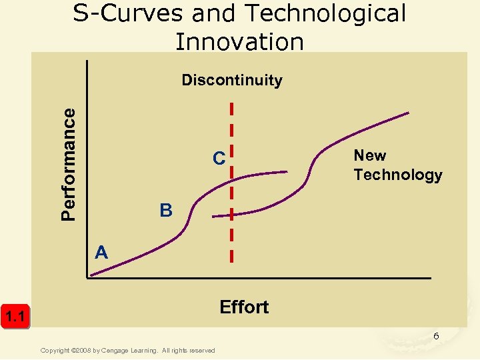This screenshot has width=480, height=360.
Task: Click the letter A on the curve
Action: coord(101,252)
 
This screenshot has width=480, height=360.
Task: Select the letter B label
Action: coord(166,211)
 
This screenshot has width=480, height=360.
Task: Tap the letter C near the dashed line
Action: coord(219,159)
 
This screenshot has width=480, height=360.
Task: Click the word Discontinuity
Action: coord(232,81)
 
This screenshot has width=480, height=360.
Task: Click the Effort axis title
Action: coord(244,307)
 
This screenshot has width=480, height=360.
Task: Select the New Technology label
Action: coord(397,165)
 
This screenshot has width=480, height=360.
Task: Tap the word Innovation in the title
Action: coord(239,41)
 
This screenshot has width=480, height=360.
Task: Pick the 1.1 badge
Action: coord(15,316)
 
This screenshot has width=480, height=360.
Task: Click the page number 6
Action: coord(436,336)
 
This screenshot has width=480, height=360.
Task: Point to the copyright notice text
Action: coord(127,351)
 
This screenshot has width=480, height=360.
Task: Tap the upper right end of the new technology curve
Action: coord(407,113)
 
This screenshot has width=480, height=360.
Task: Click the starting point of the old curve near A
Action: coord(92,274)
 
